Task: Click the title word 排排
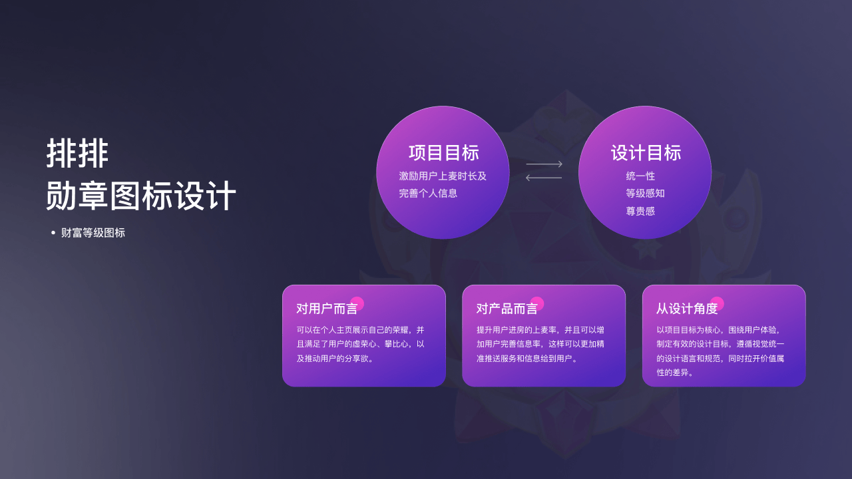pos(78,153)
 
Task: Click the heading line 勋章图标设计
pos(141,196)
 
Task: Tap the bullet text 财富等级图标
pos(93,233)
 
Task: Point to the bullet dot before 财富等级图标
pos(53,233)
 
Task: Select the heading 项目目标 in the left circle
pos(444,153)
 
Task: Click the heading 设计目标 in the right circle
pos(646,153)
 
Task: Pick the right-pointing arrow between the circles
pos(544,164)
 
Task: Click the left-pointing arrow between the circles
pos(544,178)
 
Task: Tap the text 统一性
pos(640,176)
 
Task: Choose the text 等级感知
pos(646,194)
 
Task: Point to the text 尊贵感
pos(640,211)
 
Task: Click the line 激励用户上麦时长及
pos(443,176)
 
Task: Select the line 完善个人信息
pos(428,194)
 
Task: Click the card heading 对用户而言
pos(327,309)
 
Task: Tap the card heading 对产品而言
pos(507,309)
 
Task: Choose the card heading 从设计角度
pos(687,309)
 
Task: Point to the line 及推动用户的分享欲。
pos(335,359)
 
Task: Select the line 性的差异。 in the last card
pos(675,373)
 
